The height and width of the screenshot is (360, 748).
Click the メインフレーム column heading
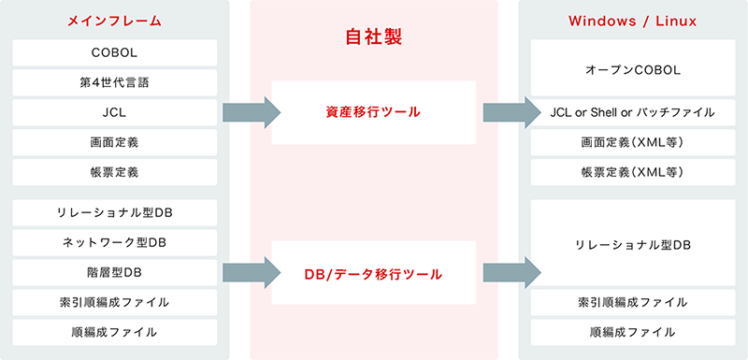tap(115, 20)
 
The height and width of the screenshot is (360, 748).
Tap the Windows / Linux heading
tap(632, 20)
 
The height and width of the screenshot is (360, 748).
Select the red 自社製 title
tap(374, 39)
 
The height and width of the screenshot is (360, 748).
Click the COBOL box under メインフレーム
tap(115, 52)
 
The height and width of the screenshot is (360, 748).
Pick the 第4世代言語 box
tap(115, 82)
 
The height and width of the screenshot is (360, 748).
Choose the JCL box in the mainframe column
tap(115, 113)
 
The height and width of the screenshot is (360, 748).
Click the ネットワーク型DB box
tap(115, 242)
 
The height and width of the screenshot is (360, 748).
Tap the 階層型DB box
tap(115, 272)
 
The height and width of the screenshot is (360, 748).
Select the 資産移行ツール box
tap(374, 113)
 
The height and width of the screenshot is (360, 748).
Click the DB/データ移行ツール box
tap(374, 274)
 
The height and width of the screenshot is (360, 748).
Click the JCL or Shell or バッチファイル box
tap(632, 113)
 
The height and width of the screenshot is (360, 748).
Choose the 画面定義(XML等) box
tap(632, 143)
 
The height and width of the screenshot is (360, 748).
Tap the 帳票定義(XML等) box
tap(632, 173)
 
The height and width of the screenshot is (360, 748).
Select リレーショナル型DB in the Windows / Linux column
tap(632, 243)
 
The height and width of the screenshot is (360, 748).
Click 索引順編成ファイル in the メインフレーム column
tap(115, 302)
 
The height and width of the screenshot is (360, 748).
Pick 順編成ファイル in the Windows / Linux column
tap(632, 332)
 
